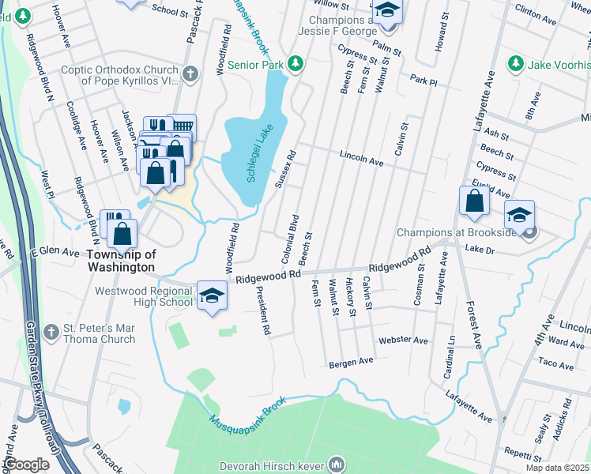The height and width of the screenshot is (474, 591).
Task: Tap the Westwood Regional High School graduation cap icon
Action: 211,295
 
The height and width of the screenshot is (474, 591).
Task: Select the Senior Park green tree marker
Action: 295,62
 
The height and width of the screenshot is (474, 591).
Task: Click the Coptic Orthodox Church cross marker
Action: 190,74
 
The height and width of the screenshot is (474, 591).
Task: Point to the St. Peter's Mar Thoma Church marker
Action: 51,330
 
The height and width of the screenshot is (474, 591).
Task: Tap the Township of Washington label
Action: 122,261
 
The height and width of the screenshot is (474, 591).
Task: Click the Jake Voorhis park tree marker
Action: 516,62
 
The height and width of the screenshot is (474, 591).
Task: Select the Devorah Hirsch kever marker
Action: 337,464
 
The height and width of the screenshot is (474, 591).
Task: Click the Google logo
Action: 25,465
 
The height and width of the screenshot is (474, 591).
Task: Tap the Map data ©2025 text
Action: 557,468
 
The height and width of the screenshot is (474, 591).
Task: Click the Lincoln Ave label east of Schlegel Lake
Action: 361,159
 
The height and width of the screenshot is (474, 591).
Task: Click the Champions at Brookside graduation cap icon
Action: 520,214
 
